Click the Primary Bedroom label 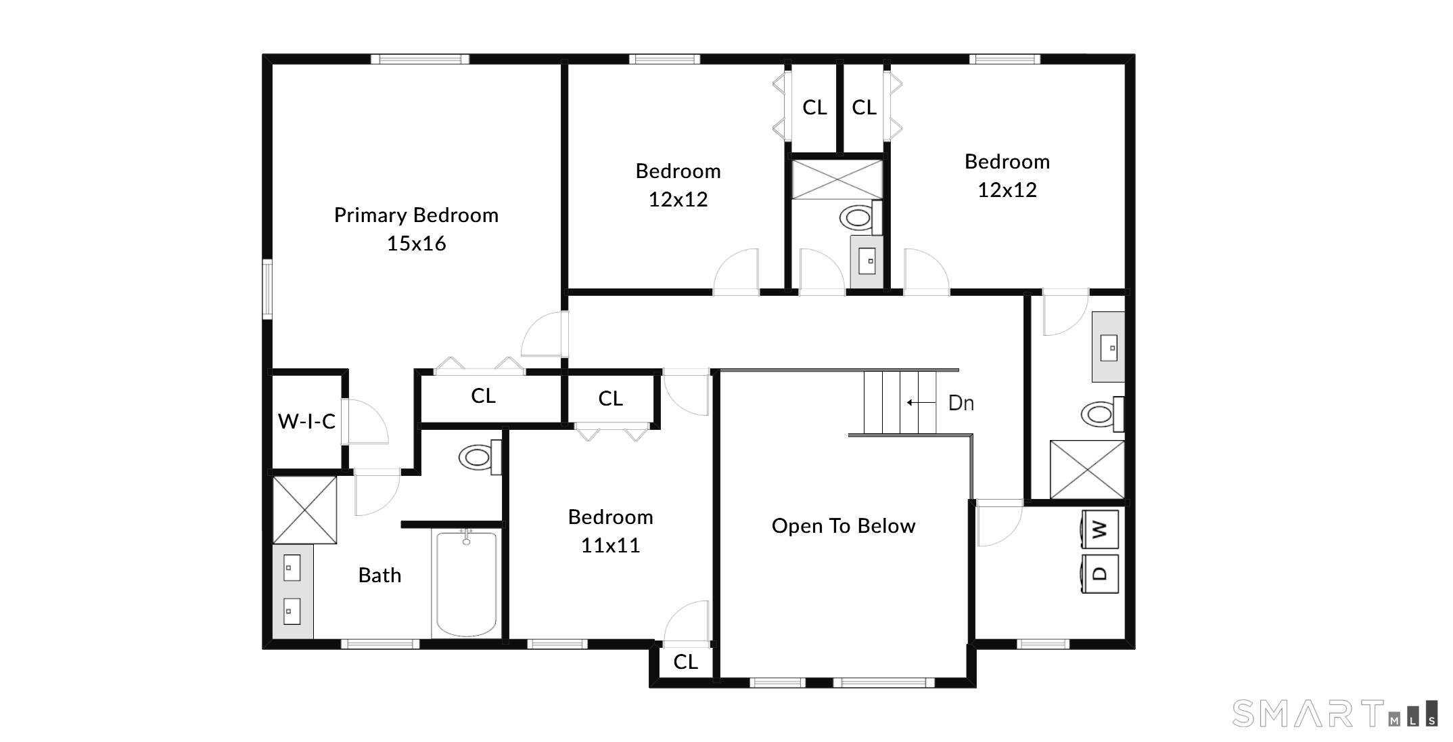pos(416,215)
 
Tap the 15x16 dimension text pos(416,244)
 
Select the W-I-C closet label pos(306,422)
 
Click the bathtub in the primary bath pos(467,584)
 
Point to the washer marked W pos(1100,529)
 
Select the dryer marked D pos(1100,573)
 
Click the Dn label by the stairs pos(961,403)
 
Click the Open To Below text pos(844,526)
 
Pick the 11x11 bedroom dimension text pos(610,546)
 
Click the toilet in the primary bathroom pos(478,457)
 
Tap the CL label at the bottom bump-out pos(685,661)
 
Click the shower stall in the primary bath pos(304,510)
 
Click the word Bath pos(379,575)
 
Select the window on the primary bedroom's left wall pos(267,289)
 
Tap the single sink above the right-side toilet pos(1109,347)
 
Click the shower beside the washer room pos(1087,469)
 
